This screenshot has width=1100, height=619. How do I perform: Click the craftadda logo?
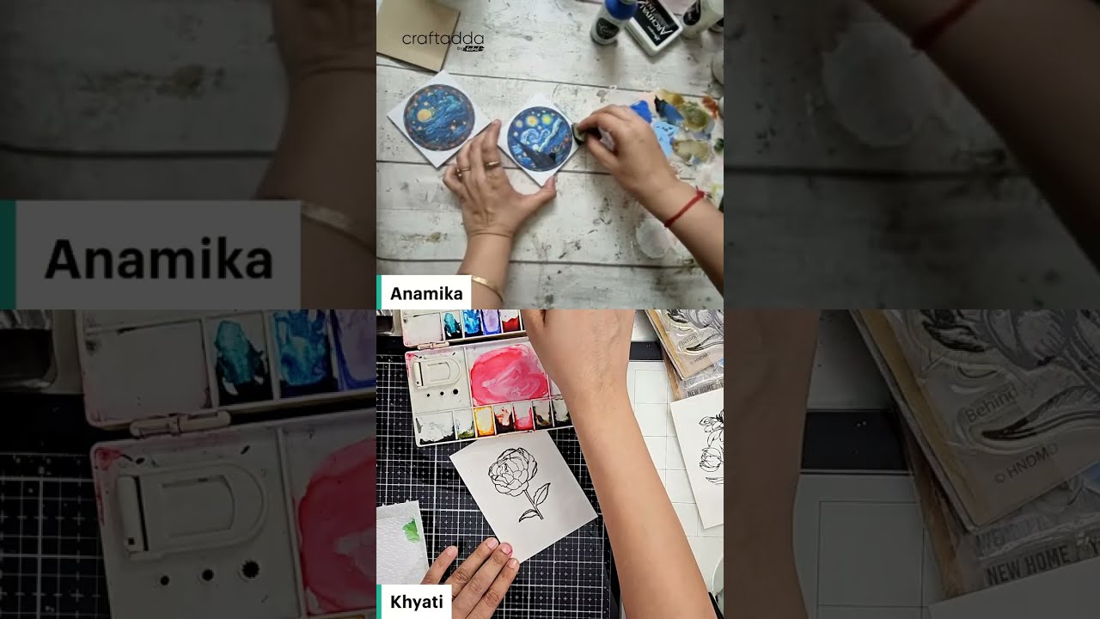(x=443, y=40)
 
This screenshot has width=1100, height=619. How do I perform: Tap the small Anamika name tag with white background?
(x=425, y=293)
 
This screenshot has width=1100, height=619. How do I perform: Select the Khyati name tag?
(x=416, y=602)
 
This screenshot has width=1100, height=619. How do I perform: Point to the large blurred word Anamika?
(x=158, y=257)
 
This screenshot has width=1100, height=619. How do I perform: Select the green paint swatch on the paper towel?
(x=412, y=530)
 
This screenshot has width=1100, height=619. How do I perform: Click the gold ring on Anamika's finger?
(x=492, y=163)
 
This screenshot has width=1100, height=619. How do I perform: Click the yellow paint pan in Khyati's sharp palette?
(x=483, y=420)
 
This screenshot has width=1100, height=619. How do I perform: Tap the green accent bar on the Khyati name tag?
(x=379, y=602)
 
